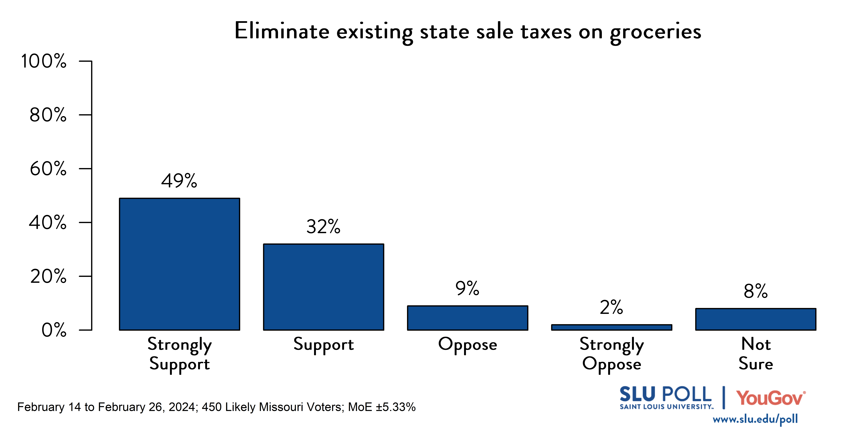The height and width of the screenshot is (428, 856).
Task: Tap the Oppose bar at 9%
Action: tap(468, 318)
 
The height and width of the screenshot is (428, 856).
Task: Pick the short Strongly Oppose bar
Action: tap(611, 327)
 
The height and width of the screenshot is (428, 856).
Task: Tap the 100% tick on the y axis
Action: tap(44, 61)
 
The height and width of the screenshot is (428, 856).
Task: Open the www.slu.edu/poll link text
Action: tap(755, 419)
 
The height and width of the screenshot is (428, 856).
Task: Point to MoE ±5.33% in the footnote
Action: tap(381, 407)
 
